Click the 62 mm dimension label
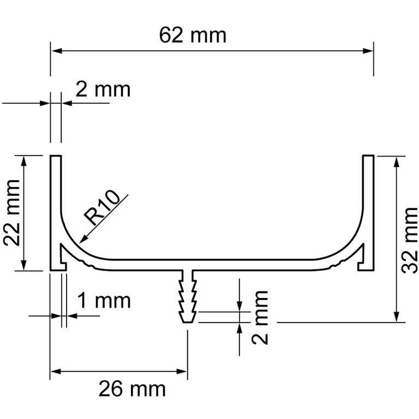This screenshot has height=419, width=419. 193,35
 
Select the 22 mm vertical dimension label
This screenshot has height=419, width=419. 12,213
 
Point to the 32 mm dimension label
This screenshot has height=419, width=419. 410,240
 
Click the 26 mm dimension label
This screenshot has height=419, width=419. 132,389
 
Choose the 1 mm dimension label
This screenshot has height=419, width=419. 104,301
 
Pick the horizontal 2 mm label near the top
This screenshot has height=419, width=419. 103,89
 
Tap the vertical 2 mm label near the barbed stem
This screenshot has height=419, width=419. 260,318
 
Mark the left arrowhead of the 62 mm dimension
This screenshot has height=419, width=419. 56,51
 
